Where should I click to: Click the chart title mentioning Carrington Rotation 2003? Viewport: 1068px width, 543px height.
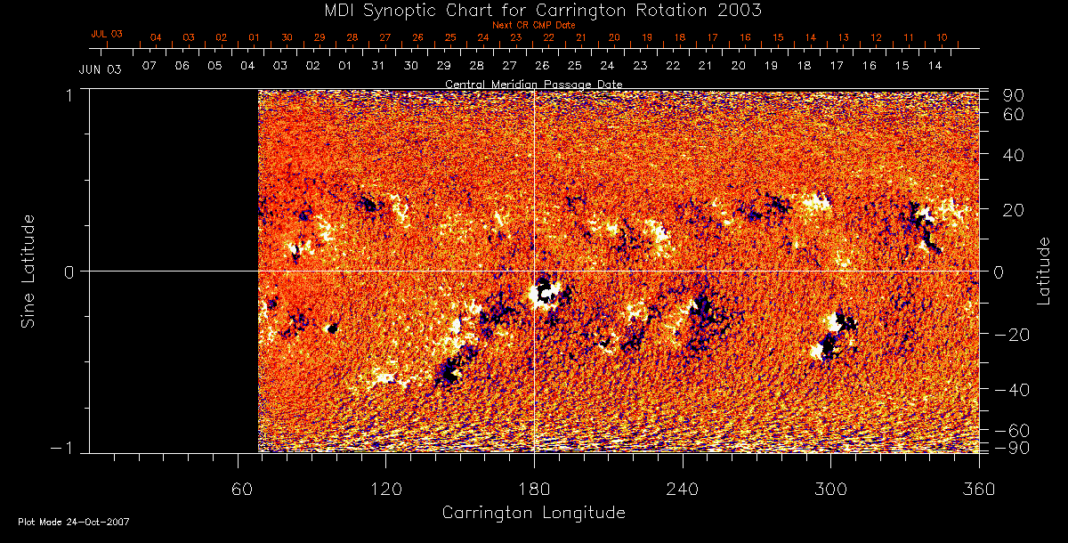click(x=533, y=10)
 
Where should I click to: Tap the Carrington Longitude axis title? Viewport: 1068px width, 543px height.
click(x=533, y=513)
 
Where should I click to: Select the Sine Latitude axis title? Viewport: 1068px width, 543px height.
click(x=28, y=270)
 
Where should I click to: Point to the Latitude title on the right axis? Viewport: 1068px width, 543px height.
click(x=1044, y=270)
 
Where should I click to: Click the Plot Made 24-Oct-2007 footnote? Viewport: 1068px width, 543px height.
click(x=74, y=522)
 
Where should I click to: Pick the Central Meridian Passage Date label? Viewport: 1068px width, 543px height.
click(x=533, y=84)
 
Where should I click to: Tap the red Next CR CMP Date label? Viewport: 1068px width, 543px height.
click(x=533, y=25)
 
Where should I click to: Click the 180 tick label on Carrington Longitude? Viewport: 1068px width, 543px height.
click(x=533, y=489)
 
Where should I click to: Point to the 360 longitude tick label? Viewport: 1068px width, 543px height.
click(x=979, y=489)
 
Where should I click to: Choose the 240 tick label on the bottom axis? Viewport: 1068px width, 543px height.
click(x=682, y=489)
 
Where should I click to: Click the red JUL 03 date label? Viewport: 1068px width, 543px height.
click(x=106, y=34)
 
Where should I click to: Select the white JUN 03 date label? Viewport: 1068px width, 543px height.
click(x=100, y=69)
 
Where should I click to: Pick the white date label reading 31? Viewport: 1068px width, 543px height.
click(x=378, y=67)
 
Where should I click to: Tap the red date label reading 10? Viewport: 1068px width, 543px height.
click(x=942, y=37)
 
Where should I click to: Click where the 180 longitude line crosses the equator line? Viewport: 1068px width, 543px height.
click(x=534, y=271)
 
